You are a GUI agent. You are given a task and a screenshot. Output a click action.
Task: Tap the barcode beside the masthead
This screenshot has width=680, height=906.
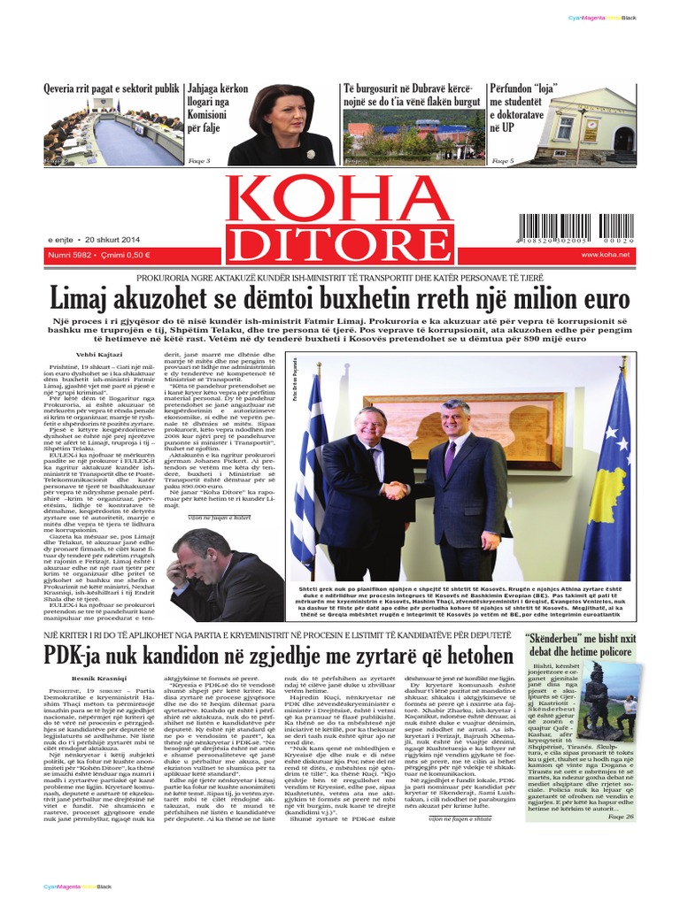[576, 229]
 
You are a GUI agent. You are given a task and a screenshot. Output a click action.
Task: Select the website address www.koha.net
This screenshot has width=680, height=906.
[605, 255]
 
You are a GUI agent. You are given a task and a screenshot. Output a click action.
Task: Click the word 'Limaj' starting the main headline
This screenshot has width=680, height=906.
[83, 296]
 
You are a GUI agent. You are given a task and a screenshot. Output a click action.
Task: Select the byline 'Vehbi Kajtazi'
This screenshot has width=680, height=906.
[97, 352]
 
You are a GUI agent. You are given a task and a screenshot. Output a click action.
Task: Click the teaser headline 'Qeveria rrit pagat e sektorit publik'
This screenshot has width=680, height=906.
[111, 89]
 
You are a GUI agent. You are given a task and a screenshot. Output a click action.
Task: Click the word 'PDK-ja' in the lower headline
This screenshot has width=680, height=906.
[80, 656]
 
